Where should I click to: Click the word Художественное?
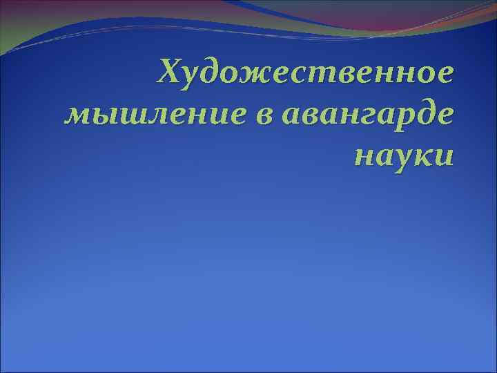click(x=306, y=73)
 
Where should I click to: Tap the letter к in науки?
click(x=423, y=153)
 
